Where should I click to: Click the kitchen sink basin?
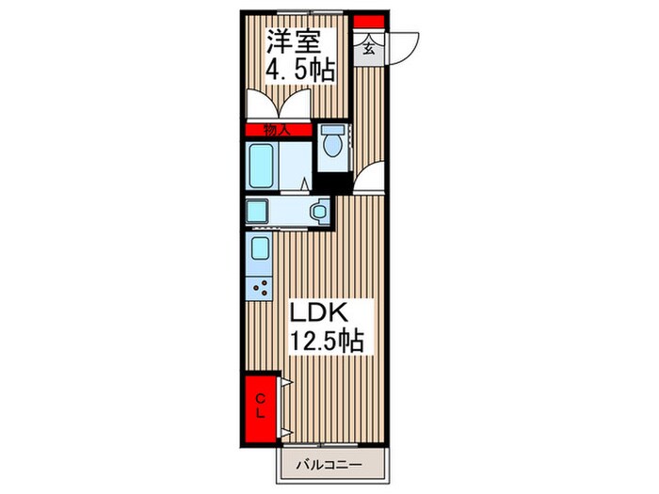[x=260, y=250]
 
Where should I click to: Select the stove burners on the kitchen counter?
[x=261, y=287]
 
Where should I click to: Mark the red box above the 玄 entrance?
[x=368, y=23]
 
